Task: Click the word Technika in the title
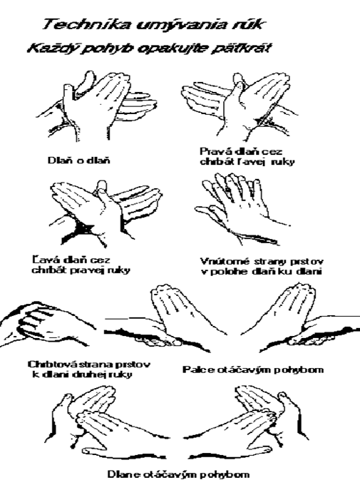[x=83, y=24]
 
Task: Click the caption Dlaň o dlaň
[x=79, y=160]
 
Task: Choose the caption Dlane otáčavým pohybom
[x=179, y=474]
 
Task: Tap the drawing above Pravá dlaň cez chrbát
[x=240, y=106]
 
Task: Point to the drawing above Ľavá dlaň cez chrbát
[x=105, y=213]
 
